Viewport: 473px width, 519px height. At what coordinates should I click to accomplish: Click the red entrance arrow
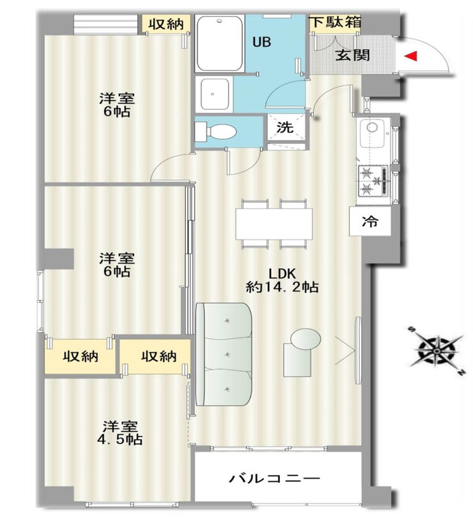click(x=410, y=56)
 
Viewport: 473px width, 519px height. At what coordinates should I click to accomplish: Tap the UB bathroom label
click(x=261, y=42)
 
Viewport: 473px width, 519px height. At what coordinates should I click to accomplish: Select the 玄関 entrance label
click(x=352, y=55)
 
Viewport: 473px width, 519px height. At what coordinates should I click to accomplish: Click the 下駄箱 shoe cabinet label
click(x=335, y=22)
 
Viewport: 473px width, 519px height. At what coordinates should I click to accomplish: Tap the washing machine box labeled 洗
click(x=286, y=128)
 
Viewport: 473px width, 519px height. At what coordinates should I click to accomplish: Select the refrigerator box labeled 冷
click(x=370, y=221)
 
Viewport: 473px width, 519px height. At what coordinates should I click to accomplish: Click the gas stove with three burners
click(x=373, y=181)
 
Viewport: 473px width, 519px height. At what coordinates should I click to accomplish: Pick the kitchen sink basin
click(x=372, y=133)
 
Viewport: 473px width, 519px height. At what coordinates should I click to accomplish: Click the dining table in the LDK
click(x=274, y=223)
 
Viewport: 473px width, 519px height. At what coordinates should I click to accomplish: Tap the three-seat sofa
click(x=224, y=354)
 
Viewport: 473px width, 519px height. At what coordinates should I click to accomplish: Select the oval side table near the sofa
click(x=306, y=338)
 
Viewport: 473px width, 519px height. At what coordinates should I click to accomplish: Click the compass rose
click(x=437, y=351)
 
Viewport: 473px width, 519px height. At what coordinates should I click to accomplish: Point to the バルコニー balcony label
click(x=275, y=478)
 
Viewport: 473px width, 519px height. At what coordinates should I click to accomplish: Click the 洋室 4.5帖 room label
click(x=120, y=433)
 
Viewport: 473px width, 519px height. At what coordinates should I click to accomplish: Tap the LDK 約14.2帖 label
click(x=283, y=280)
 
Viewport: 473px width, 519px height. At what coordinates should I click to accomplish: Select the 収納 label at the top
click(x=166, y=24)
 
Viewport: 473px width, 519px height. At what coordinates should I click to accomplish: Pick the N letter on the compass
click(x=460, y=373)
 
